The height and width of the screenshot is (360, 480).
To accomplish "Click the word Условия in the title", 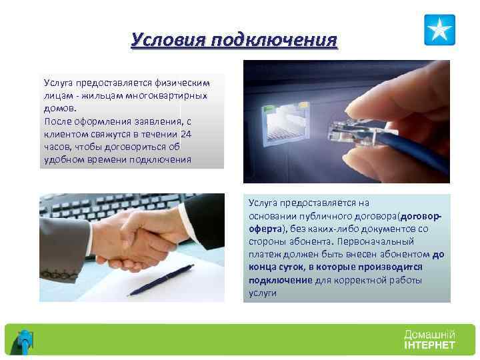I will pyautogui.click(x=167, y=40).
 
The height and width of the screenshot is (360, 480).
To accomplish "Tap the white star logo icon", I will pyautogui.click(x=439, y=30).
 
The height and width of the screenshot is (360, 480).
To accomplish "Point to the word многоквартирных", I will pyautogui.click(x=174, y=95).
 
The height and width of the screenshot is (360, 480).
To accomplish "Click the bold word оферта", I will pyautogui.click(x=264, y=228).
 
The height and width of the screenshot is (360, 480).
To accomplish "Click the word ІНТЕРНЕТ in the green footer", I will pyautogui.click(x=429, y=345).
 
